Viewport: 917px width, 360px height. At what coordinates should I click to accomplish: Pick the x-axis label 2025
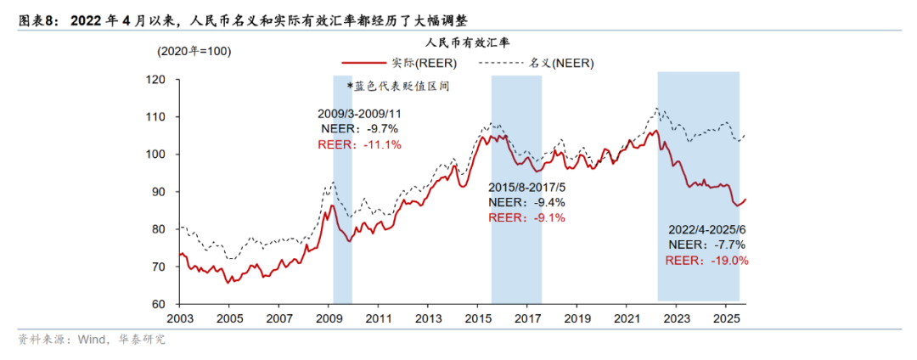726,319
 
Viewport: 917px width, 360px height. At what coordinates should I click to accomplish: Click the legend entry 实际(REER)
424,63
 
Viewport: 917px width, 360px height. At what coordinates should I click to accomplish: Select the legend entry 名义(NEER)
561,63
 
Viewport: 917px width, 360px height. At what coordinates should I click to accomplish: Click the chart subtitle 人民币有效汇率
469,41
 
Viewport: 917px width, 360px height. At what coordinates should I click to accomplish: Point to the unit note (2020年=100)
194,51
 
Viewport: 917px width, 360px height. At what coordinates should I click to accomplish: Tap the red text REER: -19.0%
706,261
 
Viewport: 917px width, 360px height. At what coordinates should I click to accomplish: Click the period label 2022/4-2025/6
706,229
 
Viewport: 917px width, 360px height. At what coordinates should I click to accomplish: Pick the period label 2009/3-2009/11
359,113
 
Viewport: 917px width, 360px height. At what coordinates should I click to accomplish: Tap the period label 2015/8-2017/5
526,188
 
